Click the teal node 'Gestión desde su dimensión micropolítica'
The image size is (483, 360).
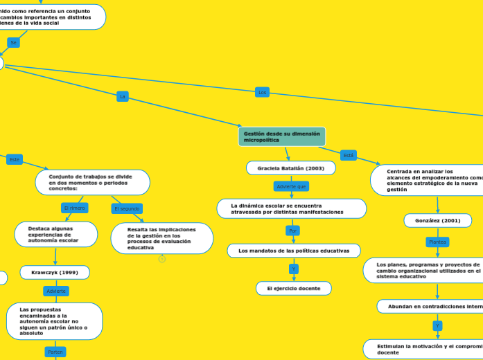coord(281,136)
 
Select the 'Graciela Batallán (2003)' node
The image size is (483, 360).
coord(291,168)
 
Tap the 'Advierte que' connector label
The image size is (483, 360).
coord(291,186)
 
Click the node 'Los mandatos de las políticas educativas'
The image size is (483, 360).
coord(294,251)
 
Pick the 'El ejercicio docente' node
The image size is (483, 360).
coord(294,288)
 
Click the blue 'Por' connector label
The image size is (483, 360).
coord(293,231)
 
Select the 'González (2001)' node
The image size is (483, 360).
coord(437,220)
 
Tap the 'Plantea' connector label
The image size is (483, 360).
coord(437,242)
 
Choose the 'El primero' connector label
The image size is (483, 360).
coord(74,208)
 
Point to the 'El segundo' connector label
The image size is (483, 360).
coord(127,208)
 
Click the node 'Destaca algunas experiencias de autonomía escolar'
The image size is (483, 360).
coord(55,234)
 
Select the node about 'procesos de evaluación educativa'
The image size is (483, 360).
coord(161,238)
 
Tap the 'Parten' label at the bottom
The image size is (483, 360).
coord(55,352)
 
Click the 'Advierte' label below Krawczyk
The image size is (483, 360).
coord(56,291)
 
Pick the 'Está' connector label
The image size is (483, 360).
coord(349,155)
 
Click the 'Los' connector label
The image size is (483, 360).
coord(262,92)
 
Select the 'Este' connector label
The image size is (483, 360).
coord(15,159)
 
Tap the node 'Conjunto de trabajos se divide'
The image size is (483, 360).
coord(92,182)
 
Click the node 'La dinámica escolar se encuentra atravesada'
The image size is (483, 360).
coord(291,208)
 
